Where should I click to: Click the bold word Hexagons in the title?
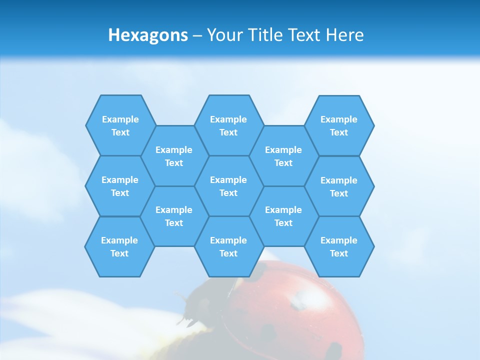tap(148, 35)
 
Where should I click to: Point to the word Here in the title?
tap(345, 35)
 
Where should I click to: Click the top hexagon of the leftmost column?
tap(120, 125)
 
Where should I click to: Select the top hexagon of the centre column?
tap(228, 125)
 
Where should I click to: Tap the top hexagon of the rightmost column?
tap(339, 125)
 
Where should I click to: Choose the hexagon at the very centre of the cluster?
tap(228, 186)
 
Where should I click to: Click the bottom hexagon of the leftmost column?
tap(120, 246)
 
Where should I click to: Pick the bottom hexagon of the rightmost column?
tap(339, 246)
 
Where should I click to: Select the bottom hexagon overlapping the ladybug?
tap(228, 246)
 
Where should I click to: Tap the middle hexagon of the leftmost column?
tap(120, 186)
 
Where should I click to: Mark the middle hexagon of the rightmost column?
tap(339, 186)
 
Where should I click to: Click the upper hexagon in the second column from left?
tap(174, 156)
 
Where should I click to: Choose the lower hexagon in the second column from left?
tap(174, 216)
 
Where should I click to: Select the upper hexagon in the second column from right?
tap(283, 156)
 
